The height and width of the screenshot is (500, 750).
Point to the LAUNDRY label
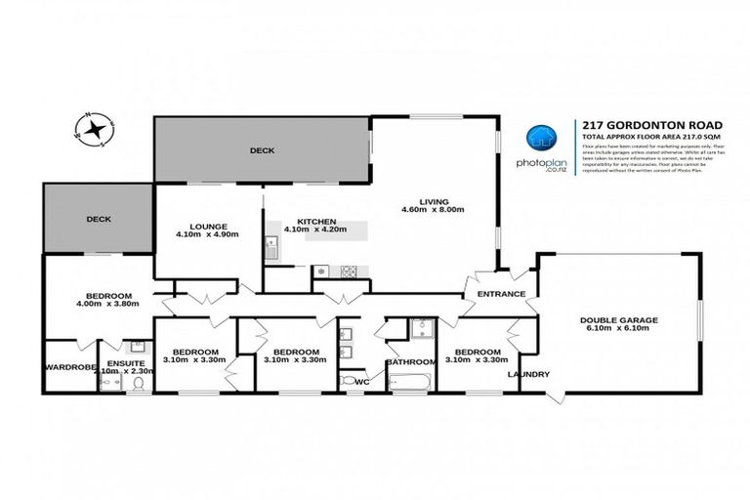pos(527,374)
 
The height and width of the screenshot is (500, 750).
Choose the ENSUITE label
pos(126,362)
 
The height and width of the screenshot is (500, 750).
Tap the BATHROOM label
pos(410,362)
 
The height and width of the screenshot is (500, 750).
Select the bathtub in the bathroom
pos(411,381)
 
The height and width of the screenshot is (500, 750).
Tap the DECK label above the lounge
pos(262,150)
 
